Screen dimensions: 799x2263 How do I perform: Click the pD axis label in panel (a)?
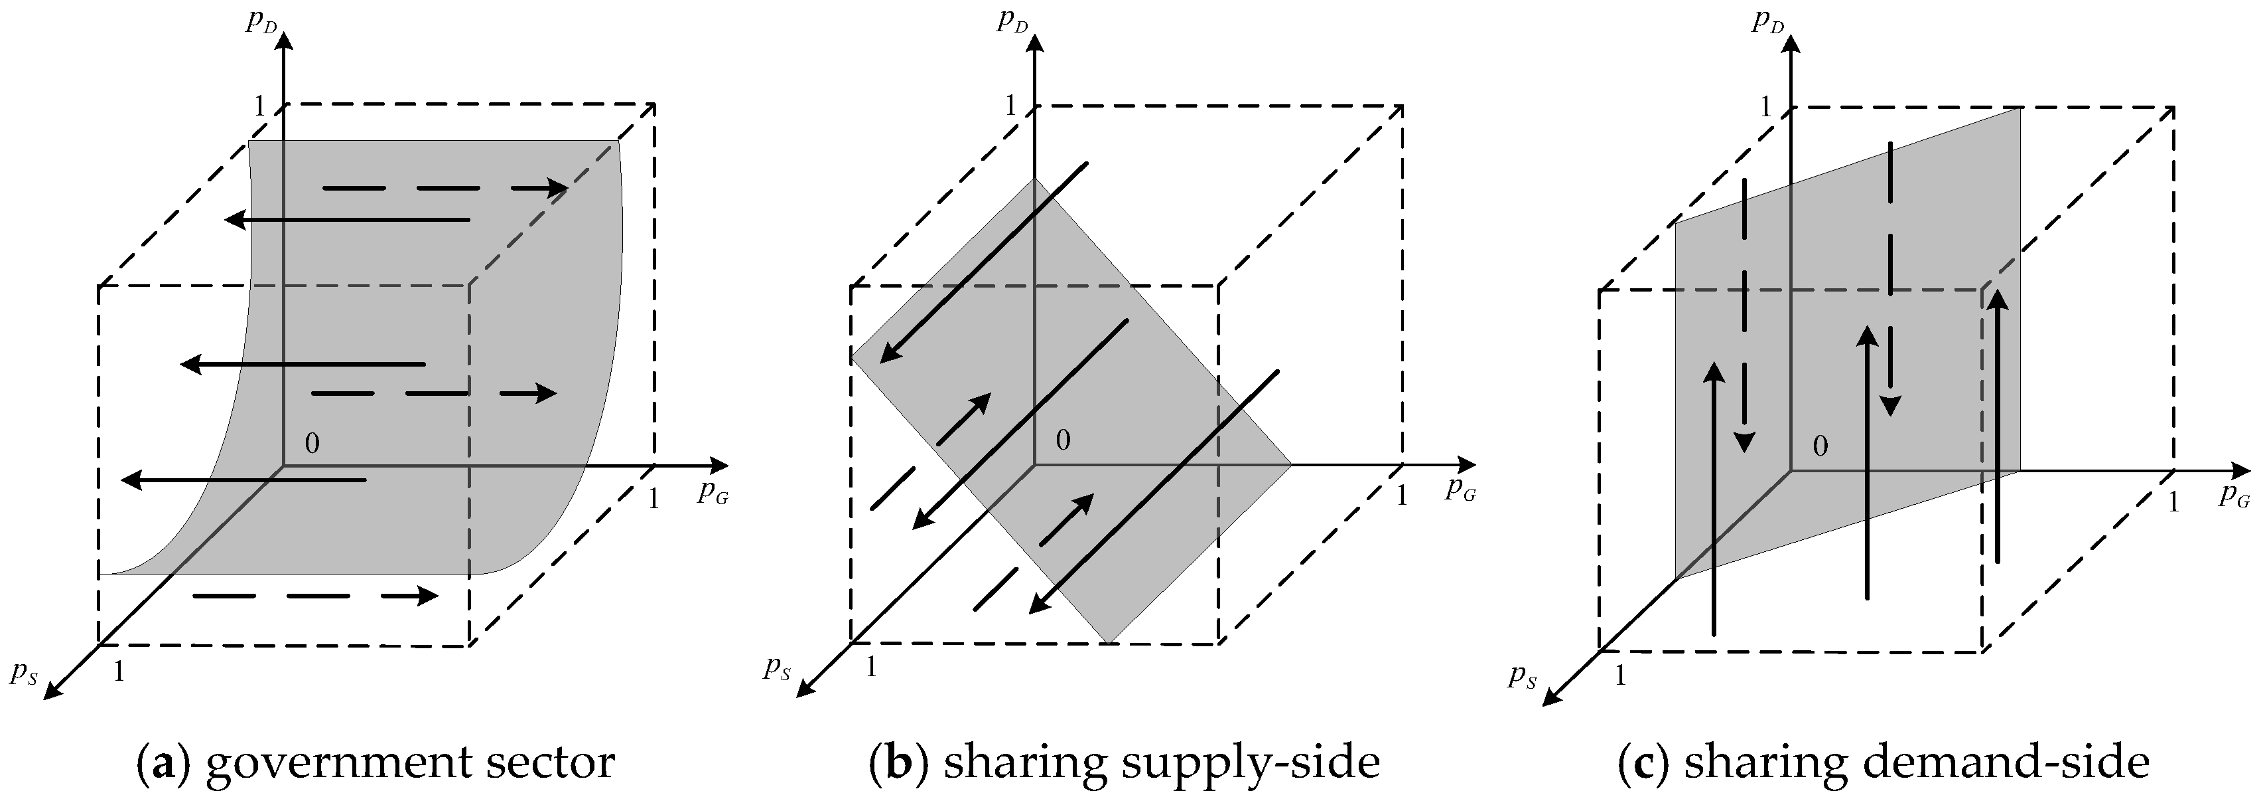point(261,22)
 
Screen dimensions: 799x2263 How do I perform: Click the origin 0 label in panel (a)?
point(312,443)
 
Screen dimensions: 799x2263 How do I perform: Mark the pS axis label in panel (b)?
point(778,669)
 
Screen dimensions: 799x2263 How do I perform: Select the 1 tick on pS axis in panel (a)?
point(119,671)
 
